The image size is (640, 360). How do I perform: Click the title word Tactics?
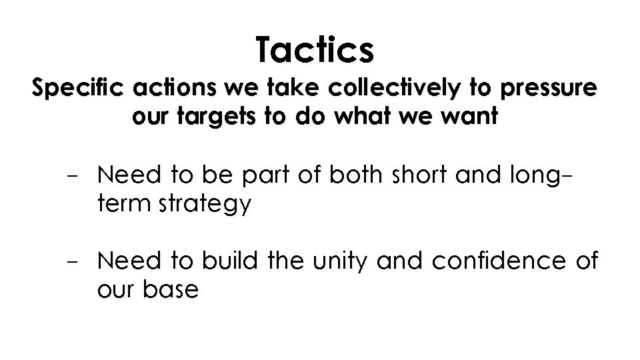tap(315, 50)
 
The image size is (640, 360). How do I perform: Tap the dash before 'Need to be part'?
tap(72, 177)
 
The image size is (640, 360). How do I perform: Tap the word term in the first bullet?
tap(121, 205)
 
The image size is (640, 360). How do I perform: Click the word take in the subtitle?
tap(275, 89)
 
